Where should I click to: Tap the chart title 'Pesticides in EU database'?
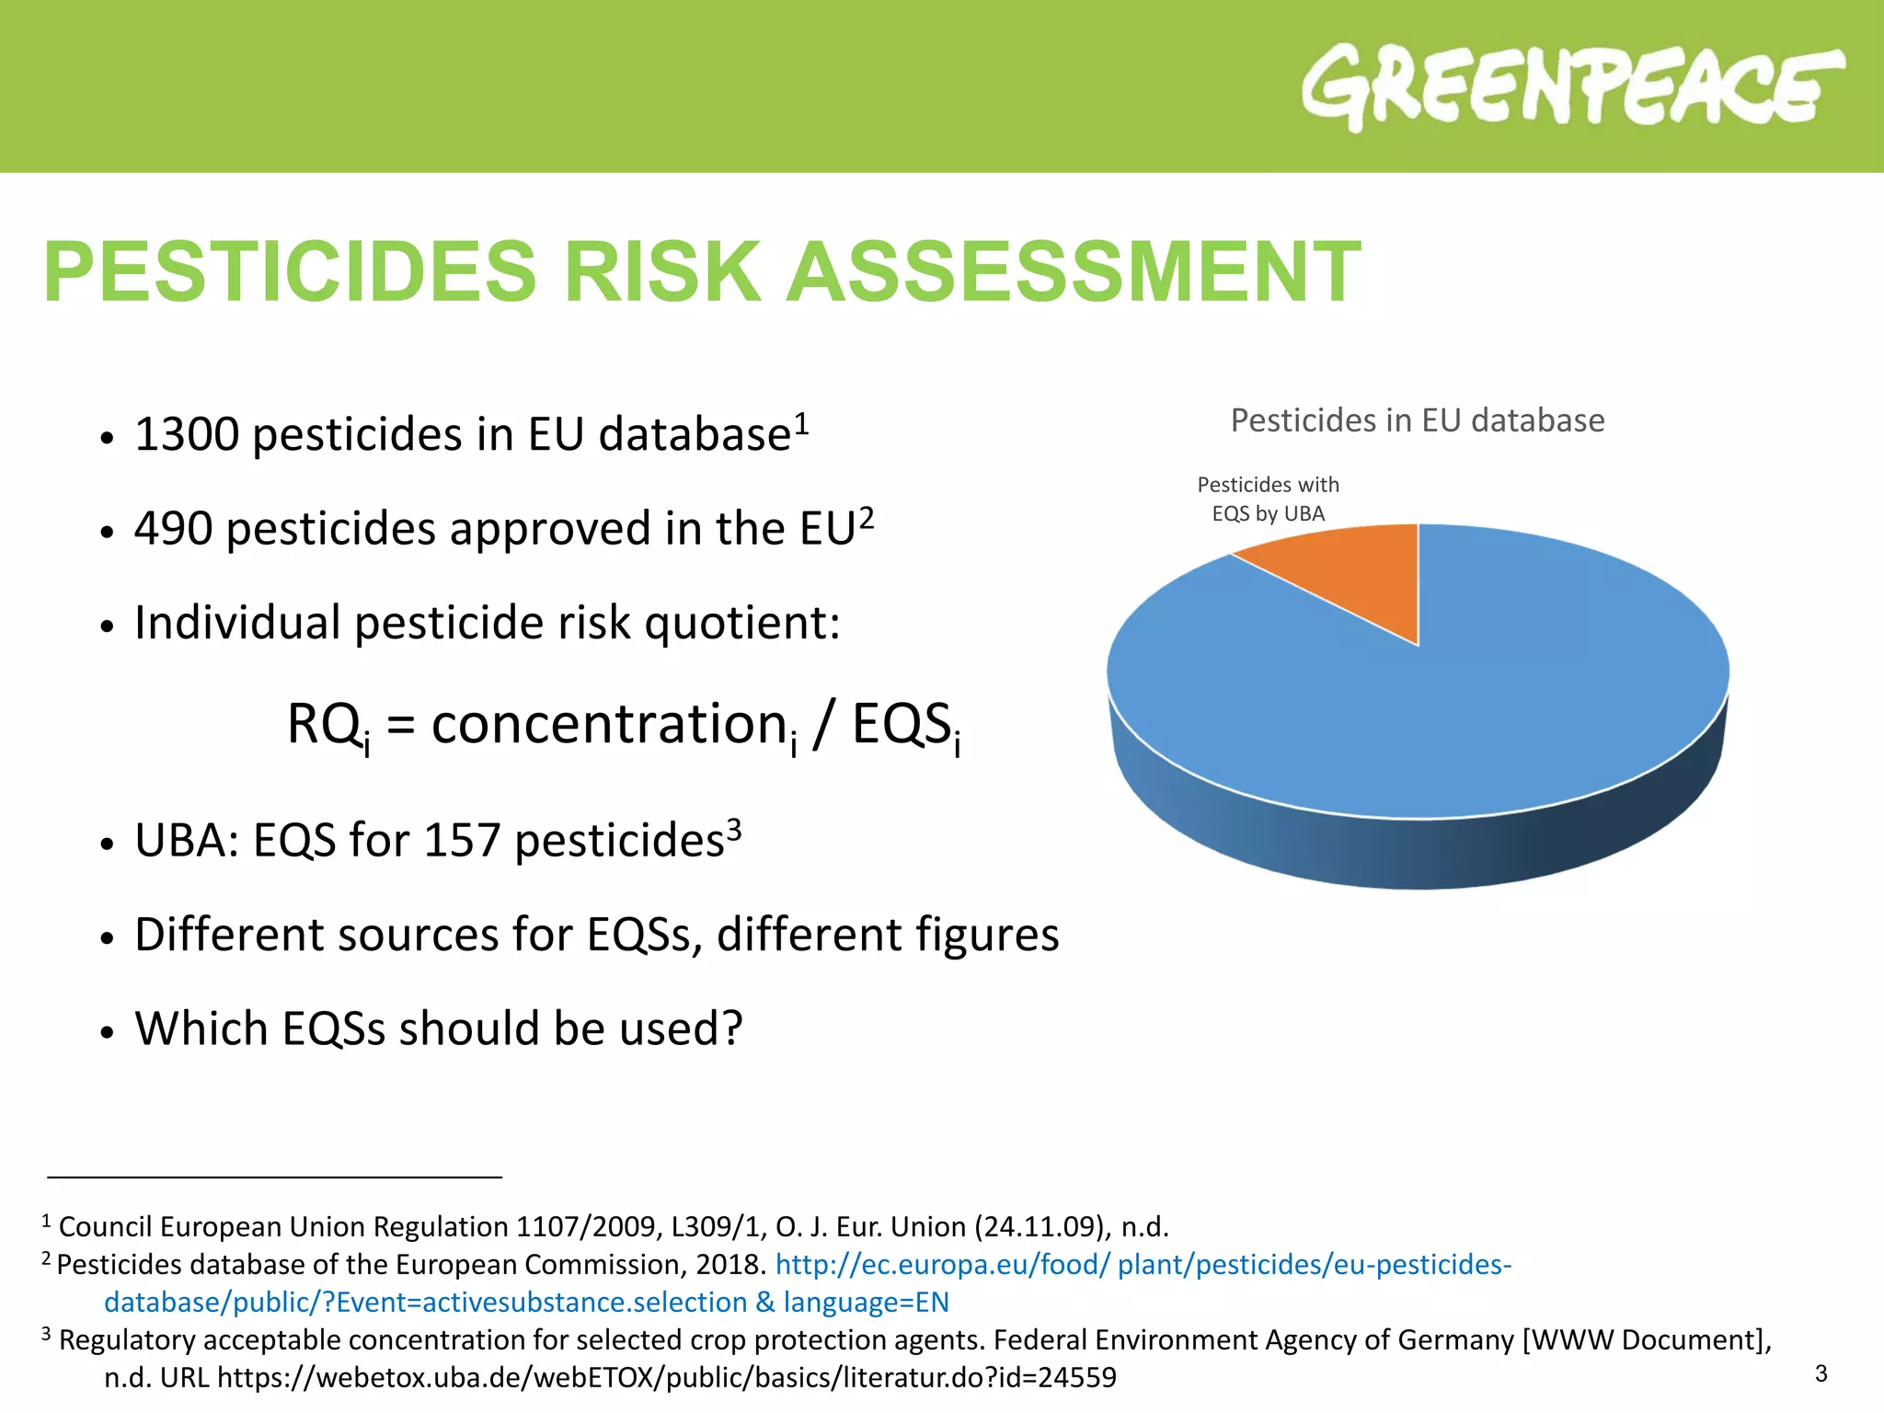point(1417,420)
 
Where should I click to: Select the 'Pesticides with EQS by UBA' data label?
point(1268,499)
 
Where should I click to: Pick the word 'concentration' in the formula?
point(608,724)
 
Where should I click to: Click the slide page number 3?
point(1821,1373)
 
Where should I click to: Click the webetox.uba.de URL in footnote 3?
point(666,1377)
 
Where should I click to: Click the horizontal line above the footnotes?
point(274,1177)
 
